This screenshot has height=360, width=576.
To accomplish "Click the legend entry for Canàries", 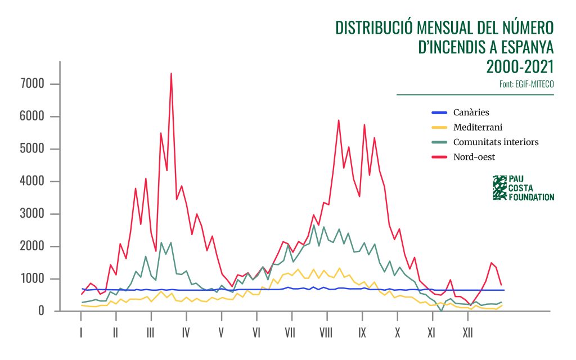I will point(471,112).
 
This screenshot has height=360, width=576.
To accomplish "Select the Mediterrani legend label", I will point(478,127).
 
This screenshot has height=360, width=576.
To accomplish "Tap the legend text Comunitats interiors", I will point(496,142).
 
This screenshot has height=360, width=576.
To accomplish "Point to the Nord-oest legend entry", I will point(474,156).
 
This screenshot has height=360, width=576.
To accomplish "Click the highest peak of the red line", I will point(171,73).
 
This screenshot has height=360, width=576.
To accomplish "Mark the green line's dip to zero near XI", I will point(442,310).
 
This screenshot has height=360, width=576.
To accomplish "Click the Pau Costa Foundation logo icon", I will point(499,188).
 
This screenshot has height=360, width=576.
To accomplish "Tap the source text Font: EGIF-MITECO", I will point(526,84).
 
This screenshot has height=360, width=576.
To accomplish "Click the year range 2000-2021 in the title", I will point(520,66).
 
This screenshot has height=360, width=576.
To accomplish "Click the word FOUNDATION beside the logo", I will point(532,197).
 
